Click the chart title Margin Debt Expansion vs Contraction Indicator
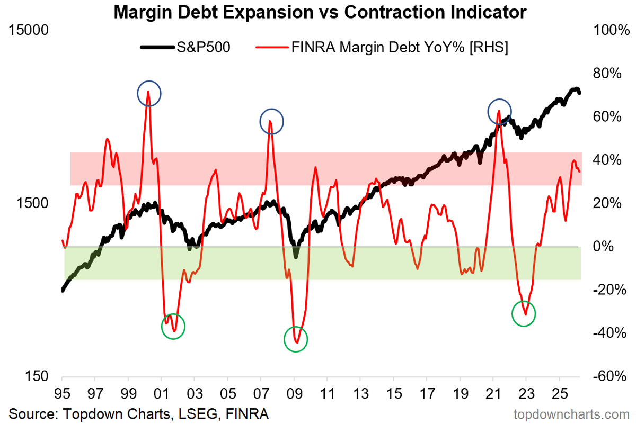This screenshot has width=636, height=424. click(x=317, y=12)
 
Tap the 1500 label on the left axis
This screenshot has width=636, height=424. click(x=34, y=203)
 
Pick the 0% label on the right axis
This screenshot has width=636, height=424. click(x=600, y=247)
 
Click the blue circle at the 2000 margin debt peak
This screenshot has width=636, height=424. click(x=149, y=94)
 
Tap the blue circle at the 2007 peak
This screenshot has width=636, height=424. click(x=271, y=121)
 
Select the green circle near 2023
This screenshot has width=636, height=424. click(x=524, y=313)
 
